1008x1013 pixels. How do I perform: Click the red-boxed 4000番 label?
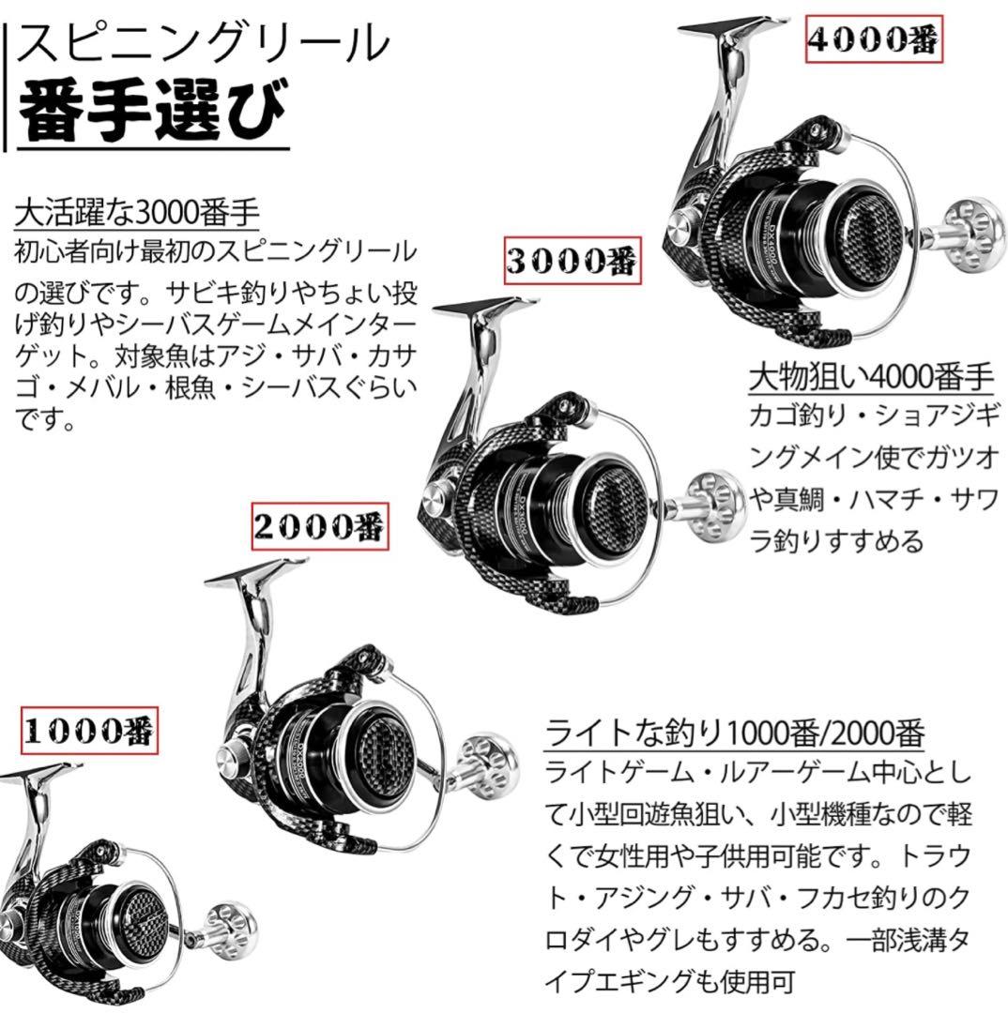point(874,38)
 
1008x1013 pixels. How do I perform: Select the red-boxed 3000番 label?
point(573,260)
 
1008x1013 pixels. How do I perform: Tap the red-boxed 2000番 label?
point(320,526)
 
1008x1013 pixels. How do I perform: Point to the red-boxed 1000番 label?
point(89,731)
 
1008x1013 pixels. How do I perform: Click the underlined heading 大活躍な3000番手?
point(137,213)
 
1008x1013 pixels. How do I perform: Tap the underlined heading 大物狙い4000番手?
point(871,377)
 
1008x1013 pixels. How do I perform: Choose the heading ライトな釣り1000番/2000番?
point(735,733)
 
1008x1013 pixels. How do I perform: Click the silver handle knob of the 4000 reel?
point(976,234)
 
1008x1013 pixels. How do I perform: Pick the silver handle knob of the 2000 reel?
point(487,767)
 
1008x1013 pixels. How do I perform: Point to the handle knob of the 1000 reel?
point(231,931)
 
